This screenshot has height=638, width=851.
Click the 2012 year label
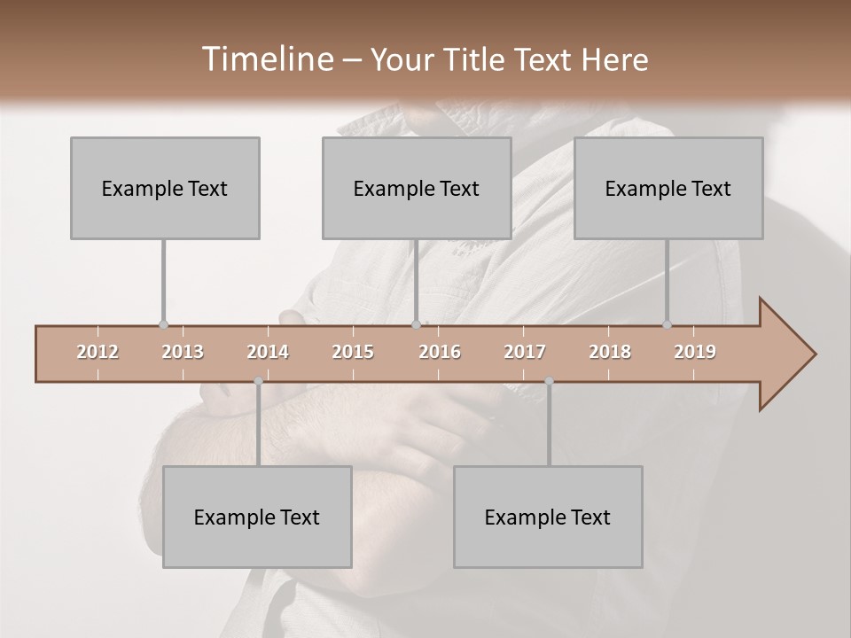98,353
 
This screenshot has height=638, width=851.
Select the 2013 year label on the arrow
183,353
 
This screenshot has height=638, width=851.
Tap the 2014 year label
268,353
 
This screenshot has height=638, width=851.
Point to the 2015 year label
353,353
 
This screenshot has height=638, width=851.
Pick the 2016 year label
440,353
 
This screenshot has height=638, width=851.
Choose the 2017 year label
525,353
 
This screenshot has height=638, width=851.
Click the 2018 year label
610,353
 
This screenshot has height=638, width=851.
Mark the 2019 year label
695,353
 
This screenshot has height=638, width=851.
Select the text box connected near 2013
165,189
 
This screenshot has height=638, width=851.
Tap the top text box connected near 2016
417,189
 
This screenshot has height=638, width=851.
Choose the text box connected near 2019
668,189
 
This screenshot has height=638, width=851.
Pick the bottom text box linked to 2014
257,517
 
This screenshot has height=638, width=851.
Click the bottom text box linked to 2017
548,517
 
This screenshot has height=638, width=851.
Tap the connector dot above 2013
163,325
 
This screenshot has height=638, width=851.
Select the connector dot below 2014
258,382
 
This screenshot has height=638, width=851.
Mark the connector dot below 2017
549,382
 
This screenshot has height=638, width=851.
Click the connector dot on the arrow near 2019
667,325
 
